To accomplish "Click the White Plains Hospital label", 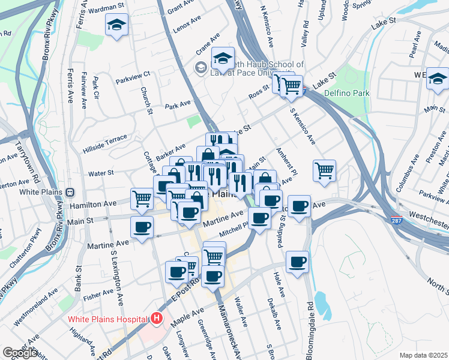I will [107, 319].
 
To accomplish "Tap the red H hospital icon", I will [157, 318].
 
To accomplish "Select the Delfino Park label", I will [346, 93].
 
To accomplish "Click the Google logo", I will [20, 353].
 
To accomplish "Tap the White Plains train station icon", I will [70, 193].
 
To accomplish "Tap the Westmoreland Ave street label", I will [35, 307].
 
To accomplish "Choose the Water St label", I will [101, 173].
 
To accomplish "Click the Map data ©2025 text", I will [423, 355].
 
